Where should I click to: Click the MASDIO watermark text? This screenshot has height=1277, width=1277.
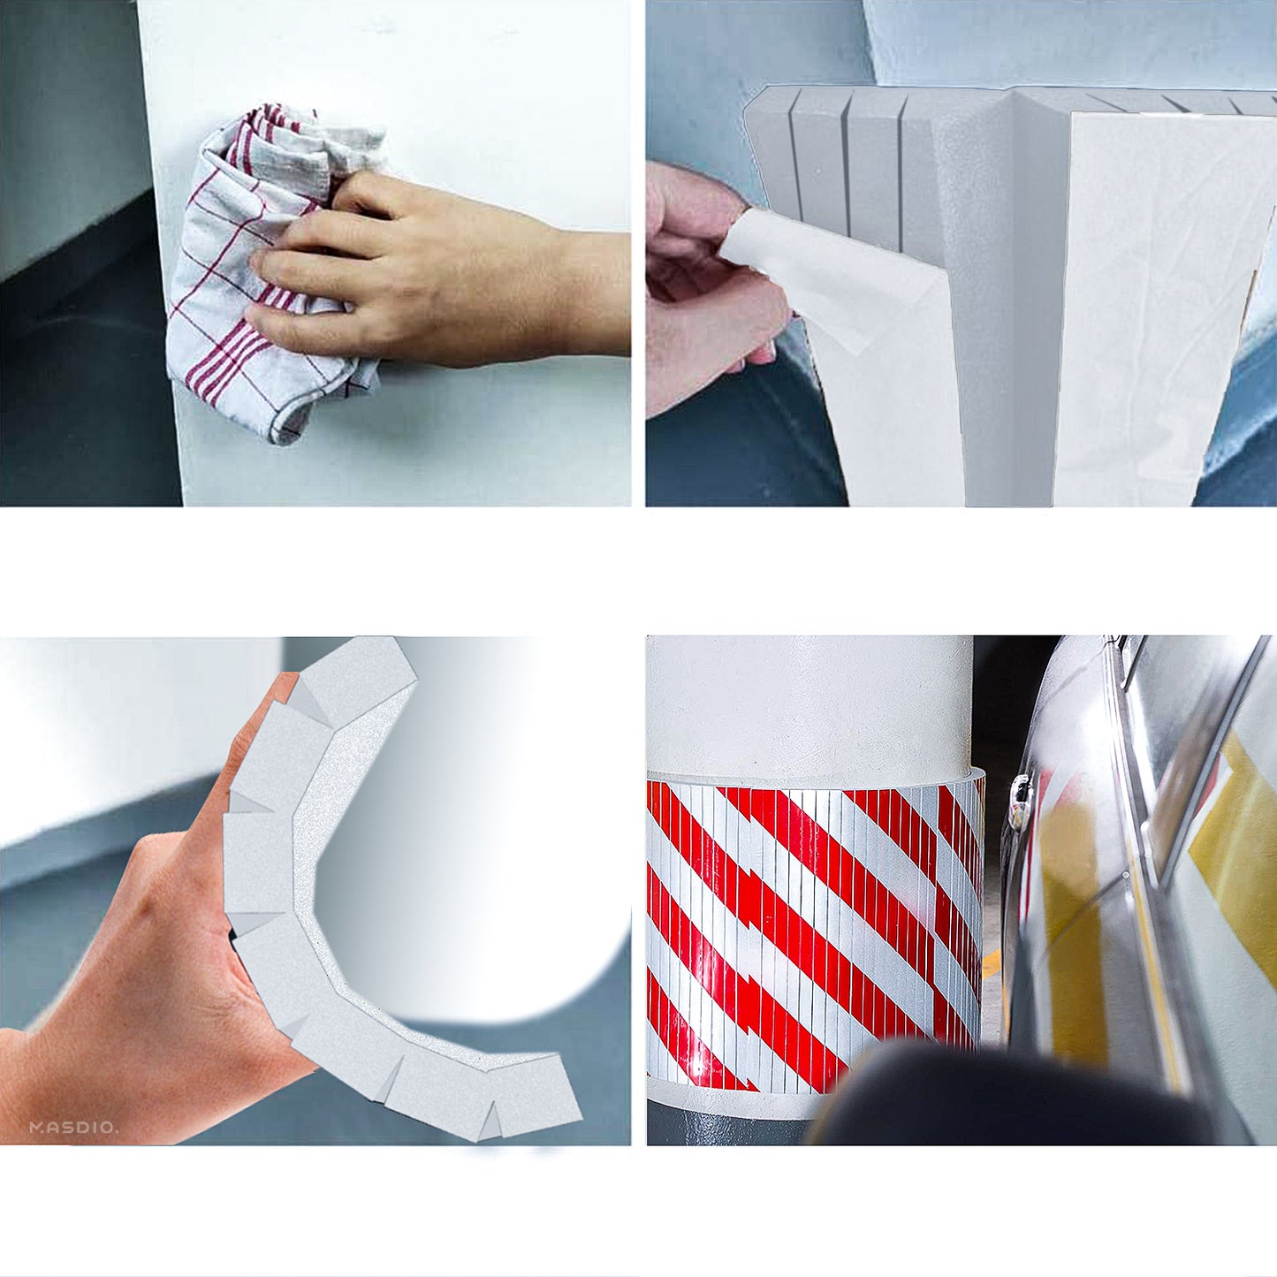click(x=73, y=1128)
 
